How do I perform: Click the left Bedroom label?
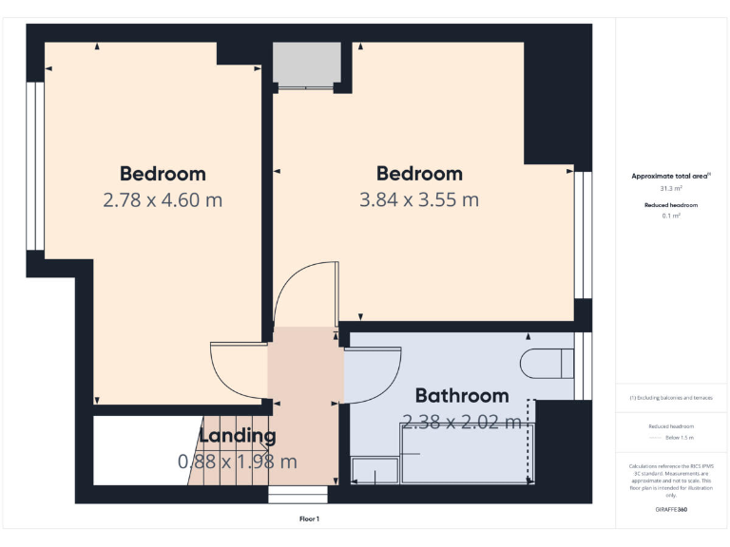click(163, 174)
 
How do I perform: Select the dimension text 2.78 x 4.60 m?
click(163, 200)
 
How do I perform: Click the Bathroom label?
click(462, 395)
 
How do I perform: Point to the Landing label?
click(238, 437)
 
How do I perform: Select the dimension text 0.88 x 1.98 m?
click(238, 462)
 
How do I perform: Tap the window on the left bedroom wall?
click(34, 166)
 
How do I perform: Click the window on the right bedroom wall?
click(583, 233)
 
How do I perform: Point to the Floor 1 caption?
click(310, 519)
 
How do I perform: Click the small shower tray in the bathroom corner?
click(375, 470)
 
